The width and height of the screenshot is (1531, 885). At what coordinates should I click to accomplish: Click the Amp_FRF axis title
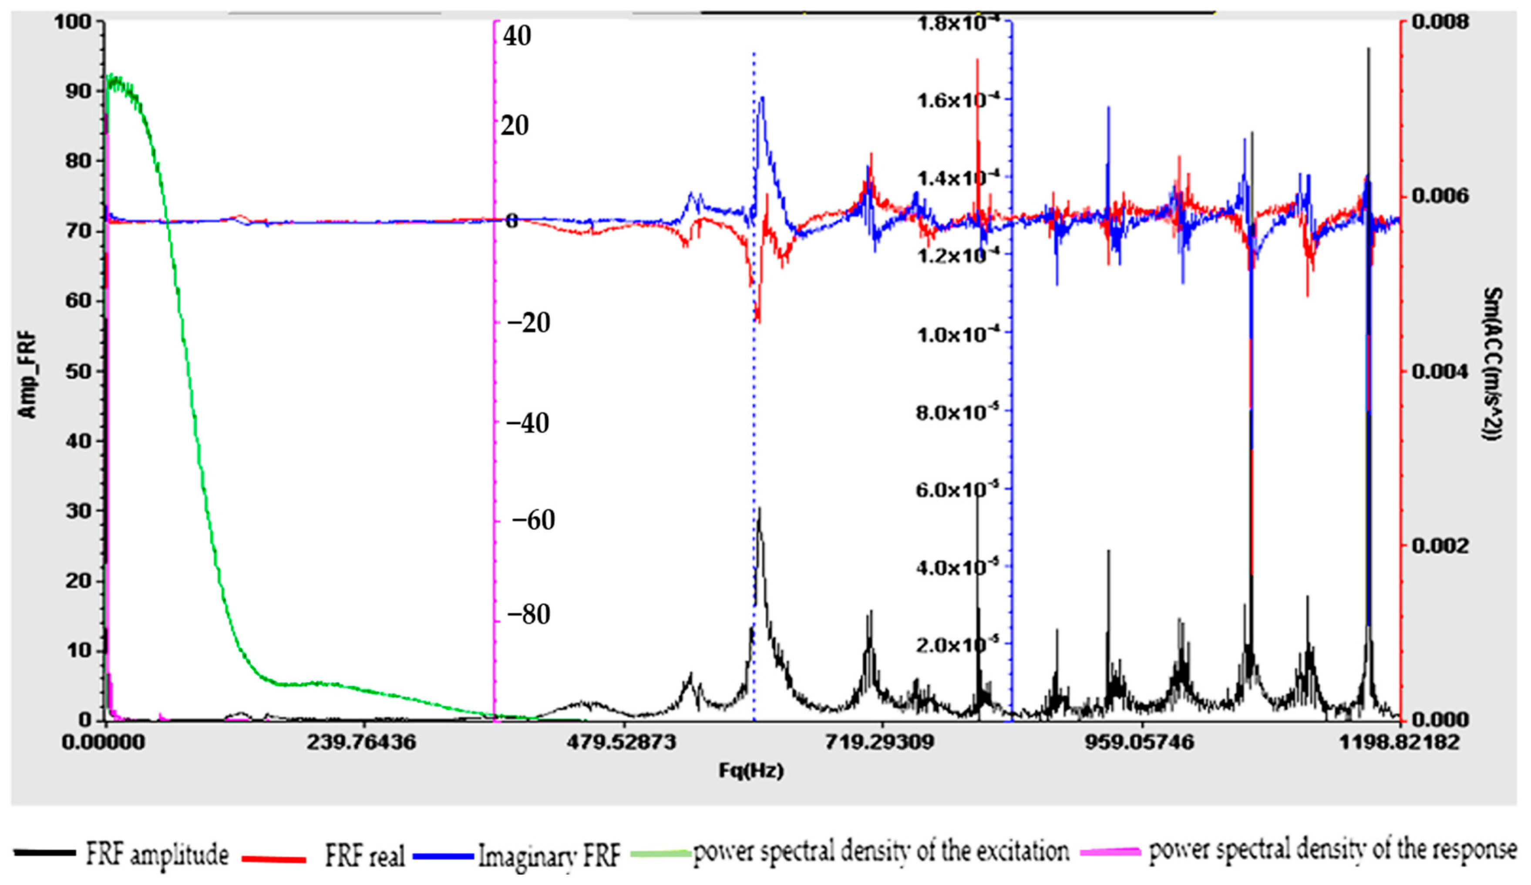pos(27,375)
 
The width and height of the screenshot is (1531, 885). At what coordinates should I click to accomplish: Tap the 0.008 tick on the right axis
pos(1440,23)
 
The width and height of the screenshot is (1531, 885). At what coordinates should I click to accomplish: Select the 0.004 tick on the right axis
pos(1440,371)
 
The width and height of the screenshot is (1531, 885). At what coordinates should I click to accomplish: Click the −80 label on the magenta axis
pos(528,615)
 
